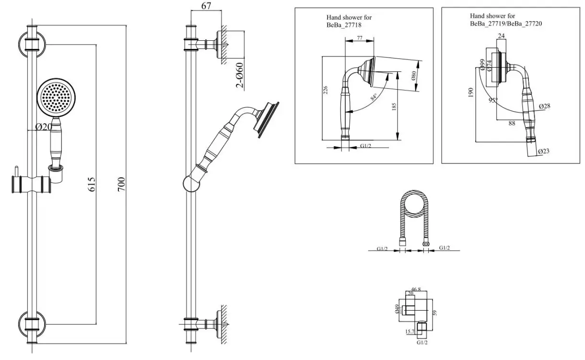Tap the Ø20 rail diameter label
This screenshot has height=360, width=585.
click(44, 127)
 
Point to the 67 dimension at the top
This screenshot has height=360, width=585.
click(206, 6)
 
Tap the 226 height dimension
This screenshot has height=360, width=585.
click(325, 90)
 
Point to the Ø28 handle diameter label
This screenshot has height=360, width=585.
click(544, 105)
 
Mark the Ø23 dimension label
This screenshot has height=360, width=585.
click(544, 151)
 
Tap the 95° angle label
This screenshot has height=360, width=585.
click(492, 101)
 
